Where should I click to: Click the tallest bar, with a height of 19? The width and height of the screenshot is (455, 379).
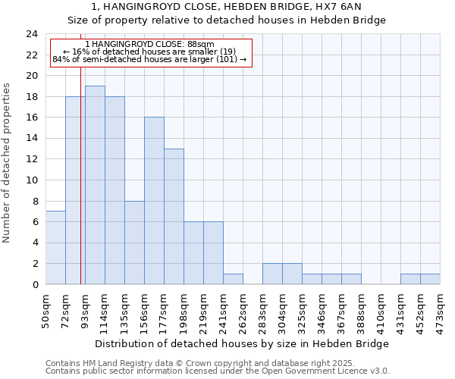[95, 185]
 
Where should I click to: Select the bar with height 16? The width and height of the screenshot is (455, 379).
[154, 201]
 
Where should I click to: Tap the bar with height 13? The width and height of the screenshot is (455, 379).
[174, 216]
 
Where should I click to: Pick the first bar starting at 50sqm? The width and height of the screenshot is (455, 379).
[55, 248]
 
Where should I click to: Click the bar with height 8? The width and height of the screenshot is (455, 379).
[134, 243]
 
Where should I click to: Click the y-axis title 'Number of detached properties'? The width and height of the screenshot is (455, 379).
[8, 159]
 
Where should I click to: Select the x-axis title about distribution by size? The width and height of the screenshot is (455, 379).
[243, 343]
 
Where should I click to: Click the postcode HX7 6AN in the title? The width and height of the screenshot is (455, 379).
[350, 7]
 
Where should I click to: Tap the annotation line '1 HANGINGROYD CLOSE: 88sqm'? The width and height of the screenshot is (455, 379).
[150, 45]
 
